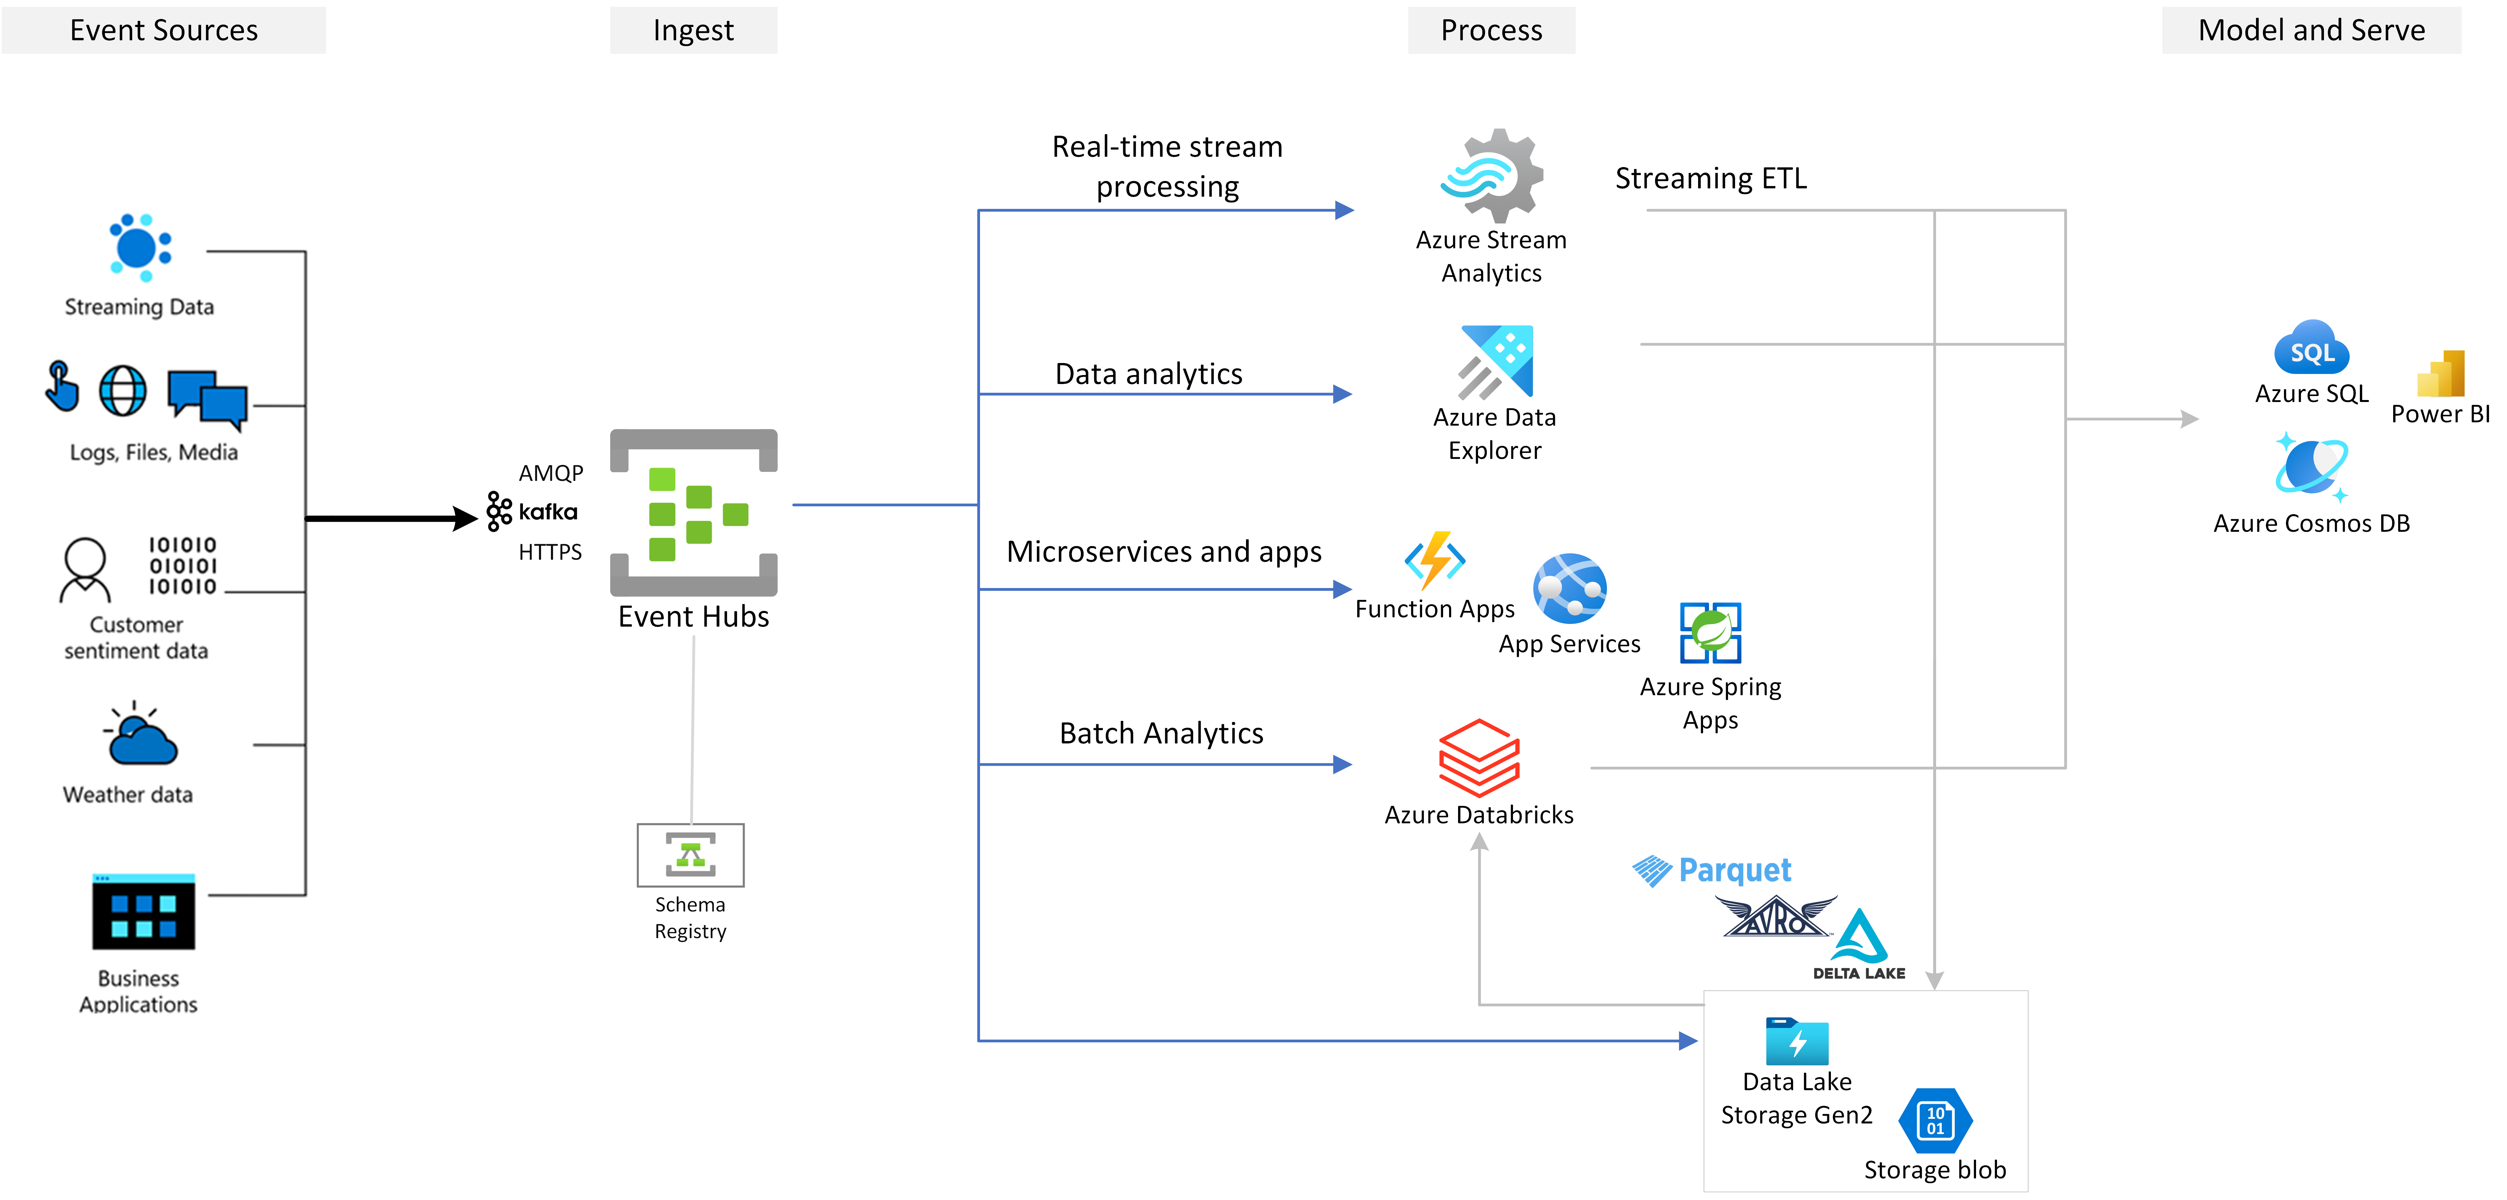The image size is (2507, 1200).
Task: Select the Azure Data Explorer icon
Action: pos(1496,362)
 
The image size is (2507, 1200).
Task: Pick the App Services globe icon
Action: pos(1569,589)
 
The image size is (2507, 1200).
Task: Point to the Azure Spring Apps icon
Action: pos(1710,633)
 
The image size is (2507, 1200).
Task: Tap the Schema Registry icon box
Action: pos(690,855)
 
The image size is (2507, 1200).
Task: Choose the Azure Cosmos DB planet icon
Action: pos(2311,467)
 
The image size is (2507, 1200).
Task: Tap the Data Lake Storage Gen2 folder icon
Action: pos(1797,1041)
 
